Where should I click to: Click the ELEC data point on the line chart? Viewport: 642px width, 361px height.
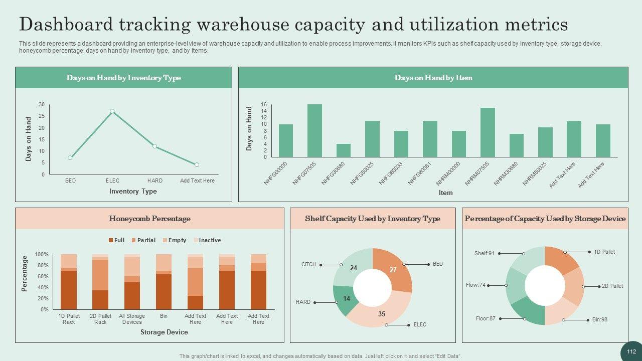tap(112, 111)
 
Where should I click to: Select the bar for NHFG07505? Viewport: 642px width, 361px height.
tap(314, 131)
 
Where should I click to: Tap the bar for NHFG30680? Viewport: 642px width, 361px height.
tap(344, 150)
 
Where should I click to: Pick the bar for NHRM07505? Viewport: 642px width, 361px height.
tap(488, 132)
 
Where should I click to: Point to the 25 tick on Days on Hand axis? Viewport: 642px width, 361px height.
tap(41, 116)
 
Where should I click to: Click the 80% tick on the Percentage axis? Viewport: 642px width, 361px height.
tap(42, 266)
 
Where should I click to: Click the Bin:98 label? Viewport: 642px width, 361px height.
tap(599, 319)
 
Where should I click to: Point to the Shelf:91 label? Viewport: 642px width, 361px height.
tap(484, 254)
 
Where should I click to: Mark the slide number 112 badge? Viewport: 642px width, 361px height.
tap(631, 351)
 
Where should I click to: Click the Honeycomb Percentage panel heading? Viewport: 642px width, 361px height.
tap(149, 219)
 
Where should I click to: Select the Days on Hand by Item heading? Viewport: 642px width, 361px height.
tap(433, 78)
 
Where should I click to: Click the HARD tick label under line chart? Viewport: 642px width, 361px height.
tap(155, 180)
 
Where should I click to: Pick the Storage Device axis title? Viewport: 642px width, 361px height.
tap(164, 332)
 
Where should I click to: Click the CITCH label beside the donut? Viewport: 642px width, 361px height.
tap(308, 264)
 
